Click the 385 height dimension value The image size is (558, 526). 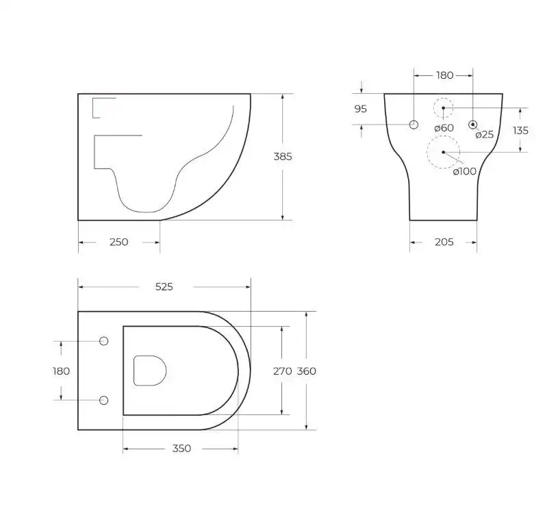283,156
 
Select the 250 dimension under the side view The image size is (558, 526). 118,242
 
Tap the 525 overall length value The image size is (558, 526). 164,287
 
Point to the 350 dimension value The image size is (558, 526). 181,449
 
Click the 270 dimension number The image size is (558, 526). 283,371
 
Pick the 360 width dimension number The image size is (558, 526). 306,371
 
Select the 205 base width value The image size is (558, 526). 444,242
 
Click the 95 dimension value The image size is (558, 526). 361,109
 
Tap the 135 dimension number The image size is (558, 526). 520,130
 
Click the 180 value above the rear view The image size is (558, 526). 445,75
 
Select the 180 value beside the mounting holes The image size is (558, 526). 61,371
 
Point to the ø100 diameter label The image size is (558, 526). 464,171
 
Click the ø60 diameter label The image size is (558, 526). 444,128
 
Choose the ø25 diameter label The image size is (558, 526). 484,134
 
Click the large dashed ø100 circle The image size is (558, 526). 443,152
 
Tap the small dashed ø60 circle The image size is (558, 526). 443,108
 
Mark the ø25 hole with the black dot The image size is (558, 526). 472,124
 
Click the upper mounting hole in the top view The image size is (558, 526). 104,342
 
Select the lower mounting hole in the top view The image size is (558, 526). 104,400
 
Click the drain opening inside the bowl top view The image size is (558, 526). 150,371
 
